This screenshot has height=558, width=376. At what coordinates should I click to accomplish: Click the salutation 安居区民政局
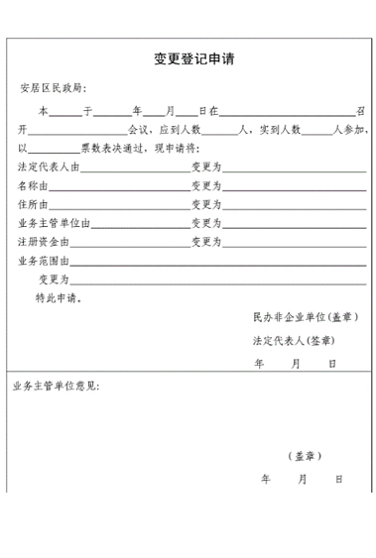tap(54, 89)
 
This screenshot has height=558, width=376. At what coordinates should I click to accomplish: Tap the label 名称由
tap(36, 185)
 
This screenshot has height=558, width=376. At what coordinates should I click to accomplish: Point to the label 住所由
tap(36, 204)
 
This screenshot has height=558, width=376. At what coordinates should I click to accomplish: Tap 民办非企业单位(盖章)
tap(306, 317)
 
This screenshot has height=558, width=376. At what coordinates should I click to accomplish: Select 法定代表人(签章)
tap(293, 340)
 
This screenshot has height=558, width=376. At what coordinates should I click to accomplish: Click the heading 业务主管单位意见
tap(56, 385)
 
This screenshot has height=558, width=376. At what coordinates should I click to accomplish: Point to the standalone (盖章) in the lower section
tap(304, 456)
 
